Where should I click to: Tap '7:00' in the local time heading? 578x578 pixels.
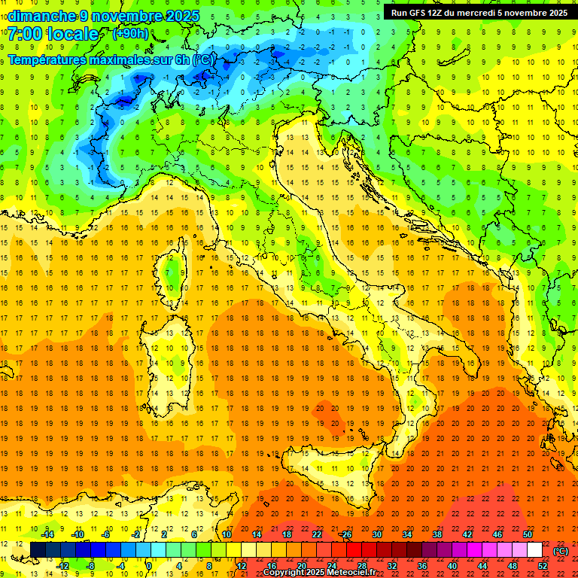coord(25,34)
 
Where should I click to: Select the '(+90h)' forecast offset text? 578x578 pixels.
coord(130,34)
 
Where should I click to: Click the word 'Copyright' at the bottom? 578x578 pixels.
coord(284,572)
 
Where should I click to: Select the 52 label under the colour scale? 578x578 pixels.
coord(543,565)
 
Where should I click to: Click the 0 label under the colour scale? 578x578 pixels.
coord(149,565)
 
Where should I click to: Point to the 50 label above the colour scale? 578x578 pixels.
coord(528,534)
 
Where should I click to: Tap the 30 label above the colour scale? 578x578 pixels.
coord(377,534)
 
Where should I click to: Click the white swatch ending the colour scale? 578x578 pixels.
coord(535,549)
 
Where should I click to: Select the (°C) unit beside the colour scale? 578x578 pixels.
coord(561,550)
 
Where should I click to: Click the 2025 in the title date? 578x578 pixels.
coord(183,15)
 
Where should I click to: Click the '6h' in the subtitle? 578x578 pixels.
coord(181,59)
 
